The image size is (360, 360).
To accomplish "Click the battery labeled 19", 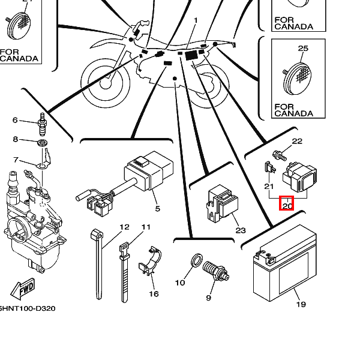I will (x=281, y=273).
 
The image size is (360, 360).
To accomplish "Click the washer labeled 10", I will (x=196, y=261).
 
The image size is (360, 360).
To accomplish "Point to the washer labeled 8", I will (x=43, y=144).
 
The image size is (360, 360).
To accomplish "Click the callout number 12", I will (x=124, y=227).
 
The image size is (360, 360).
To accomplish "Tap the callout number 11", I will (x=146, y=227).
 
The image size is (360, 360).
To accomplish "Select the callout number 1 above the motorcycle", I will (x=195, y=20).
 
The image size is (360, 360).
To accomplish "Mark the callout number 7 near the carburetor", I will (x=16, y=160).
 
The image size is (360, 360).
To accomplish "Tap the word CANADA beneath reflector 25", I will (x=293, y=113).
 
